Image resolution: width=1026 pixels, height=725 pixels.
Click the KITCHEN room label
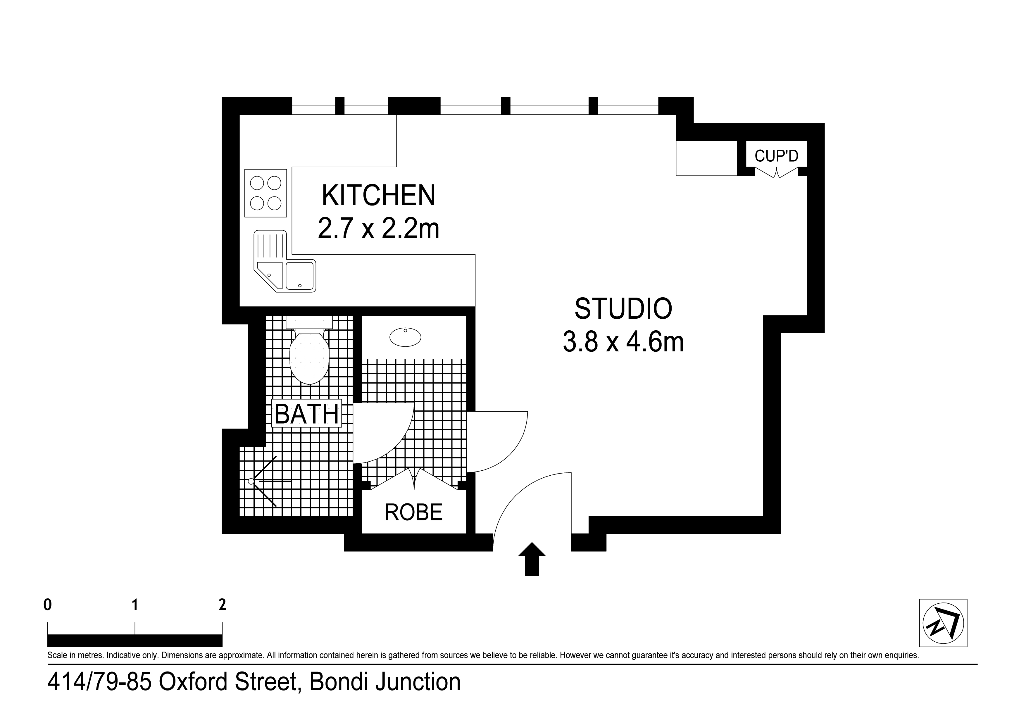(x=378, y=195)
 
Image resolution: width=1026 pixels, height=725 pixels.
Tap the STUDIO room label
(x=623, y=309)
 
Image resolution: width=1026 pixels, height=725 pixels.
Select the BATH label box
(x=306, y=413)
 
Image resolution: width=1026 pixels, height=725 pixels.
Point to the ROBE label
(x=413, y=512)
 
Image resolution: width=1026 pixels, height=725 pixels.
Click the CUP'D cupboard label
(x=776, y=156)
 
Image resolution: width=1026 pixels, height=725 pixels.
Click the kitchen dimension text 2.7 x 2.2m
(x=378, y=229)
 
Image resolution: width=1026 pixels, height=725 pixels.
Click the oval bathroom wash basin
(x=405, y=337)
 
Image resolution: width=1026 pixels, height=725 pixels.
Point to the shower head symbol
(x=251, y=481)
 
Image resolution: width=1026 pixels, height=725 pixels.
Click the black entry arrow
(x=532, y=559)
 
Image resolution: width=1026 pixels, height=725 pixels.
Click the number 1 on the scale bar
(x=134, y=605)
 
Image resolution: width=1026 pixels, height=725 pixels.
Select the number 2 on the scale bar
(x=222, y=605)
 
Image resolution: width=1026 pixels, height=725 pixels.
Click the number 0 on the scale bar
(x=47, y=605)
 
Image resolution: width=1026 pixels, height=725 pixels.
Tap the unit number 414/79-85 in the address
(x=99, y=682)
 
